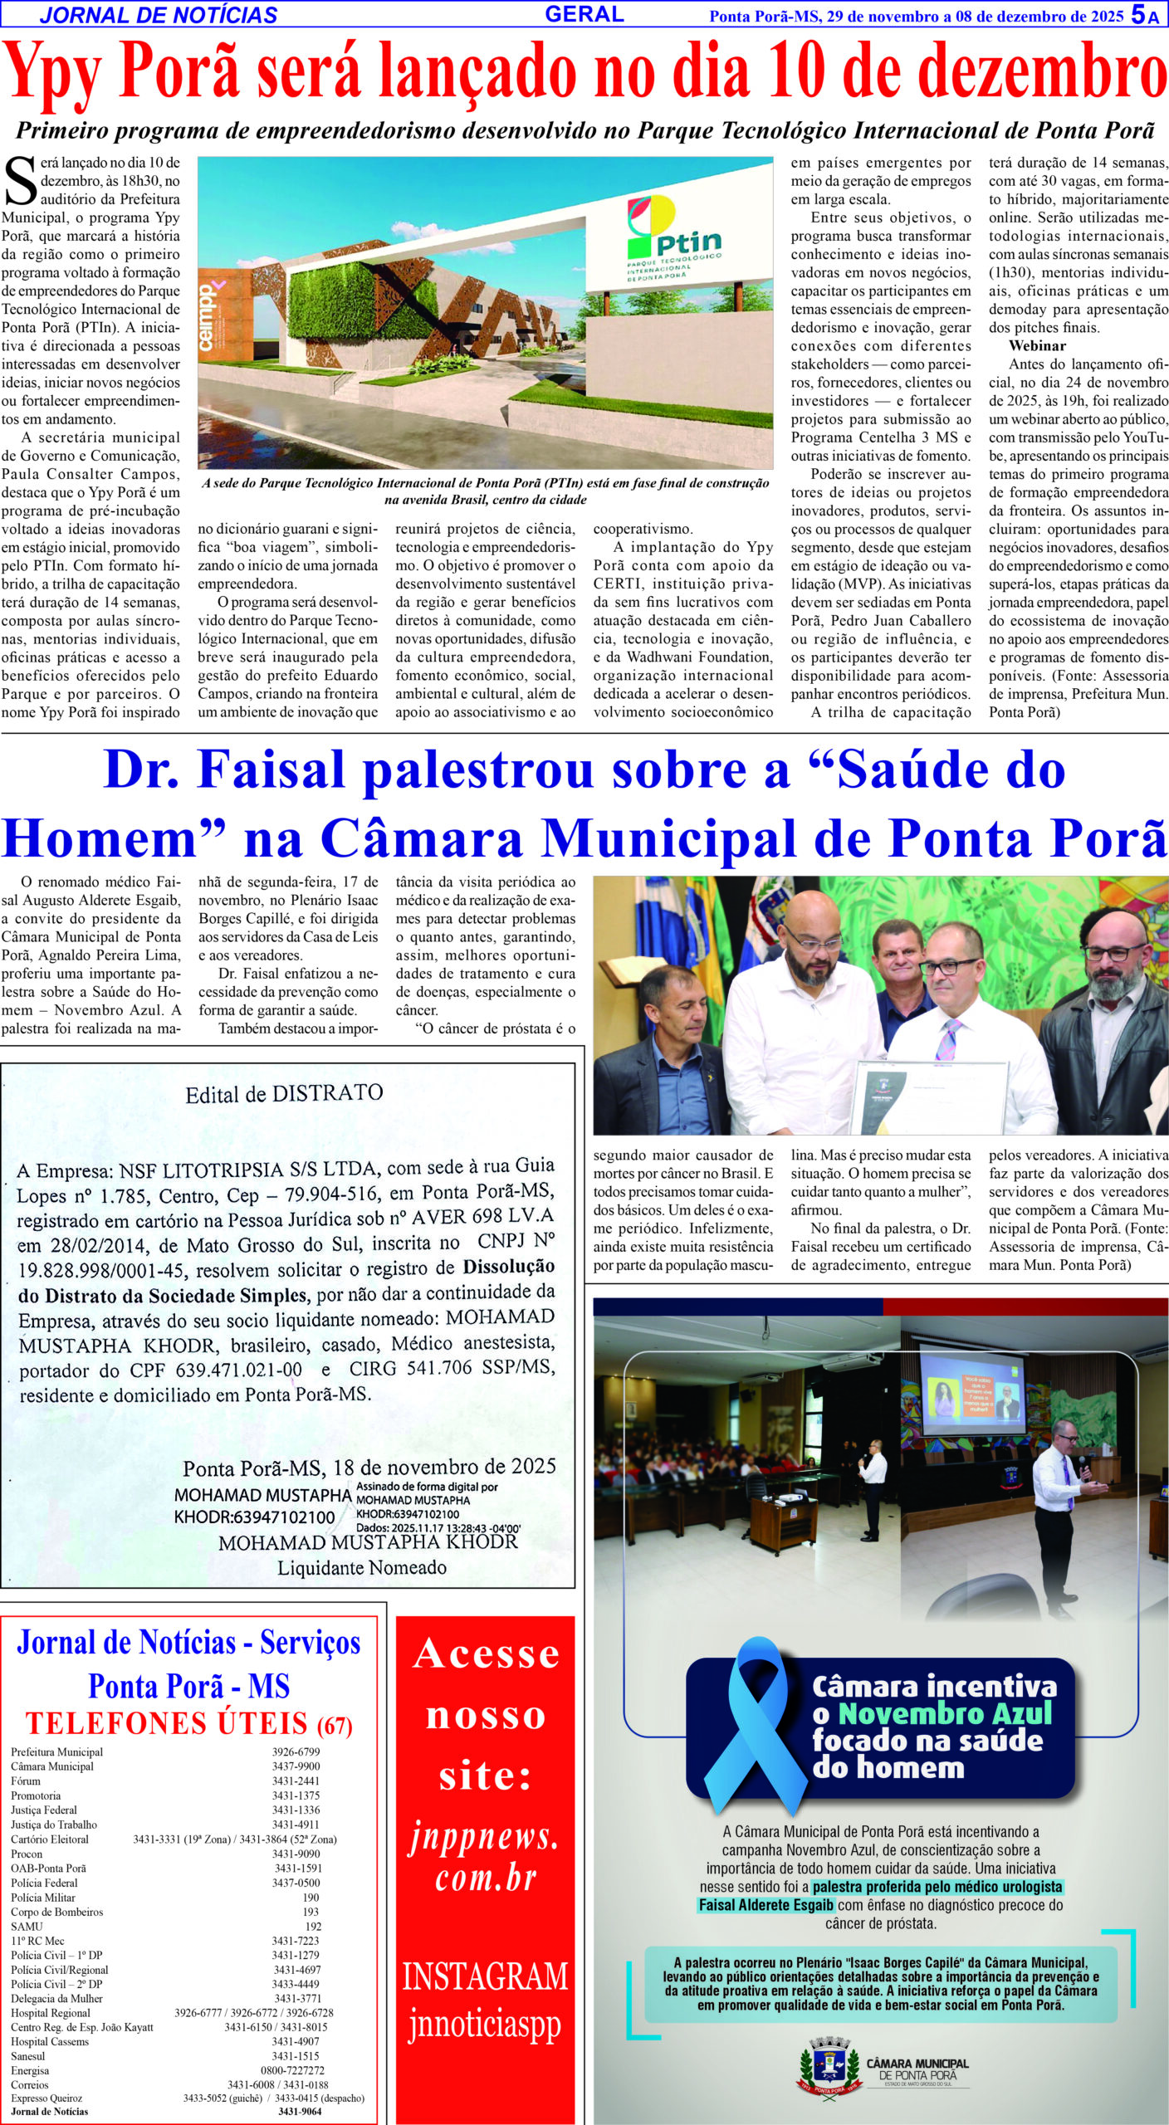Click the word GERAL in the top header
(584, 14)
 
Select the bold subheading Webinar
(1037, 345)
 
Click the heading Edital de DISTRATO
(284, 1093)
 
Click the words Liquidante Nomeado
(361, 1568)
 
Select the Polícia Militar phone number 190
(311, 1898)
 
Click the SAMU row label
(27, 1927)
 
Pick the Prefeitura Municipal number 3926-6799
(296, 1752)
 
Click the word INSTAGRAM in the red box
(485, 1976)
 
